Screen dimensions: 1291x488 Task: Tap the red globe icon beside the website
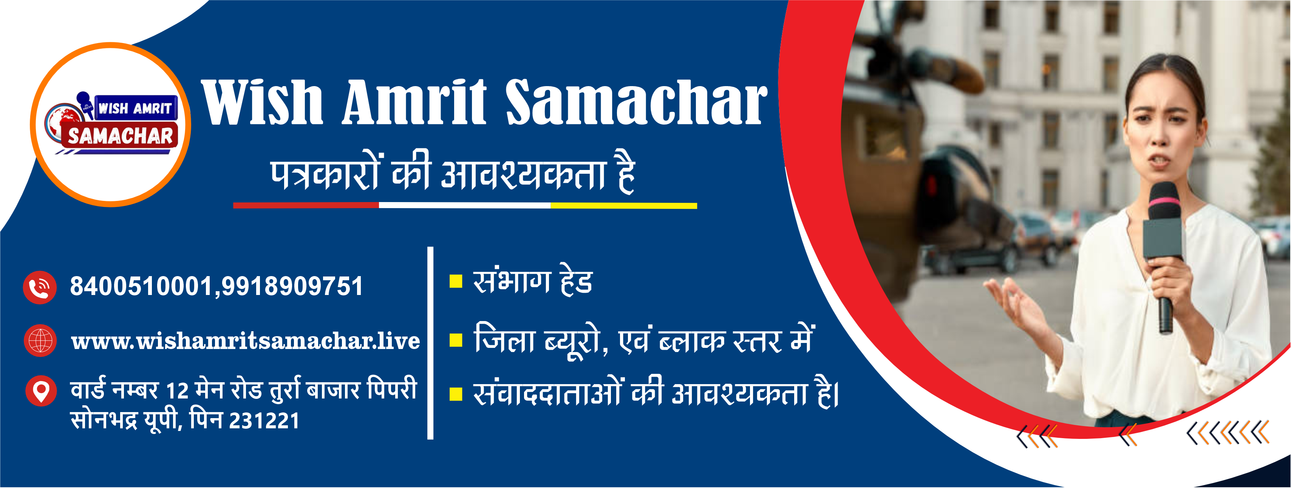(40, 341)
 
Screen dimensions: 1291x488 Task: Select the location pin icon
(40, 391)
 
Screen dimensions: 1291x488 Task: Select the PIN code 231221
(264, 421)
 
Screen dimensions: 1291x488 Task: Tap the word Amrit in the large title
(414, 102)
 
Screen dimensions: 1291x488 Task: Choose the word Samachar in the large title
(636, 102)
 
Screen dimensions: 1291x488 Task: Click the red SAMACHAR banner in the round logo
(120, 135)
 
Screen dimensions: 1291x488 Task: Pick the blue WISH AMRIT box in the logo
(135, 108)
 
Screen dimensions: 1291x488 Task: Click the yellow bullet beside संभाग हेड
(456, 281)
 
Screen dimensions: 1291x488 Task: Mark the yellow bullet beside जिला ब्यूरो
(456, 341)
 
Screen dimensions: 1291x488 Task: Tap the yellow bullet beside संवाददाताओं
(456, 395)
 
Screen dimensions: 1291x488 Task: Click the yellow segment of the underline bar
(623, 206)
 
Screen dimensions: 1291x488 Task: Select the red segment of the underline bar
(306, 205)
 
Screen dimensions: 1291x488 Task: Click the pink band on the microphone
(1164, 202)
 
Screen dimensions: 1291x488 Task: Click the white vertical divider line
(430, 343)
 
